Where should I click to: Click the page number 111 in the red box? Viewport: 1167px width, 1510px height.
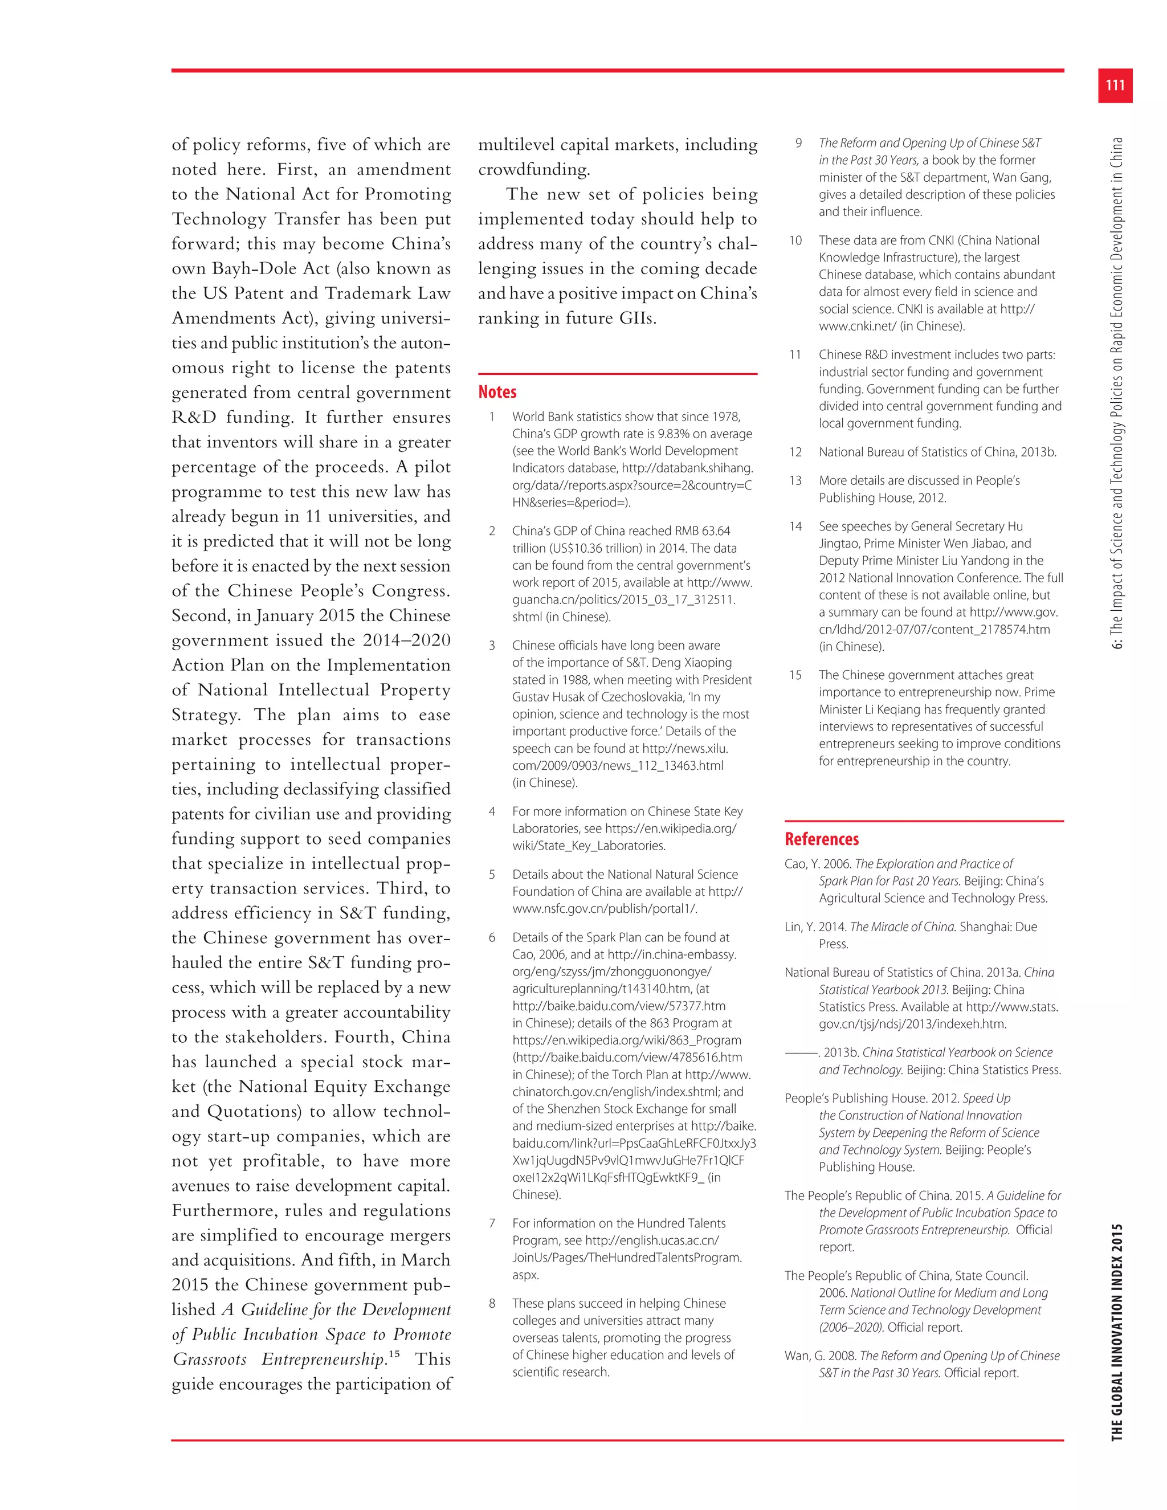[1115, 85]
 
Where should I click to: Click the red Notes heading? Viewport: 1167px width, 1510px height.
[497, 392]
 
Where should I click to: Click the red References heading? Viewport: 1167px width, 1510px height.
[821, 839]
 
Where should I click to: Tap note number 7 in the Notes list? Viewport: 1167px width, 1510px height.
[492, 1223]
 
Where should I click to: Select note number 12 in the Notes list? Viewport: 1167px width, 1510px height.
[795, 452]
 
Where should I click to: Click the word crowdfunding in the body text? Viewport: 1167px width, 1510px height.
[533, 169]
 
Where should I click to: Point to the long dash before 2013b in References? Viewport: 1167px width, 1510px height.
[801, 1053]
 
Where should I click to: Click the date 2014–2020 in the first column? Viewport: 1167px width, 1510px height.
[406, 640]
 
